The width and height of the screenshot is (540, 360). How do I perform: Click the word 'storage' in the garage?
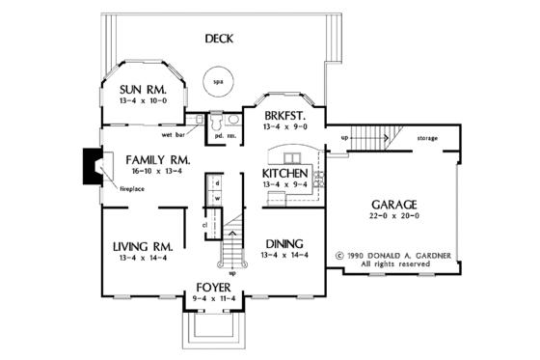tap(428, 138)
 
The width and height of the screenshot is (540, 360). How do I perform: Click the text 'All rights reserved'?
tap(393, 263)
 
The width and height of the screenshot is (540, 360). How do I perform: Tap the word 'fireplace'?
tap(132, 188)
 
